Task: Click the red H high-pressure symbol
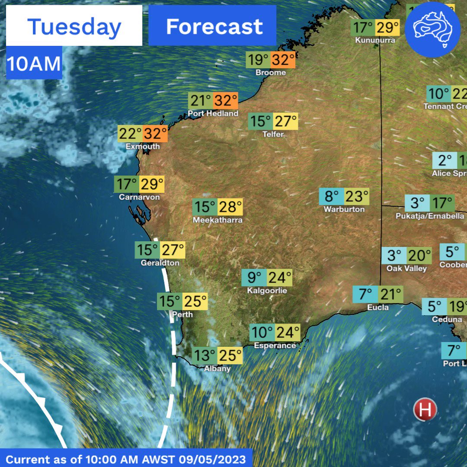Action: [x=425, y=409]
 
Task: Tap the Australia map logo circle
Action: [x=432, y=29]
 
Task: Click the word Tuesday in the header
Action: [x=74, y=27]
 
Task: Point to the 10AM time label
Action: [x=34, y=64]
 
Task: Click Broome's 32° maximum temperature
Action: [x=283, y=60]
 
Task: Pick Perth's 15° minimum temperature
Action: [x=170, y=301]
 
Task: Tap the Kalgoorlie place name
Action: [x=267, y=291]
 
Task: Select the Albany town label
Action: [x=218, y=369]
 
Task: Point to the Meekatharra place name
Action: [x=218, y=220]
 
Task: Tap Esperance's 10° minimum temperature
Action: [x=262, y=333]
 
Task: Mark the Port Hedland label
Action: [x=213, y=114]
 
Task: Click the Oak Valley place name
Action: [x=406, y=269]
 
